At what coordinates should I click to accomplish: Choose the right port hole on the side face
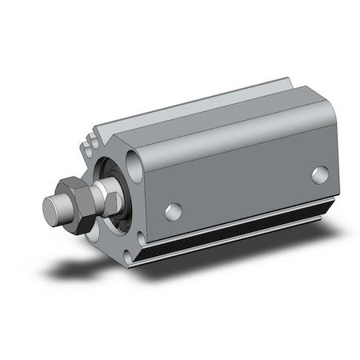[320, 174]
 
